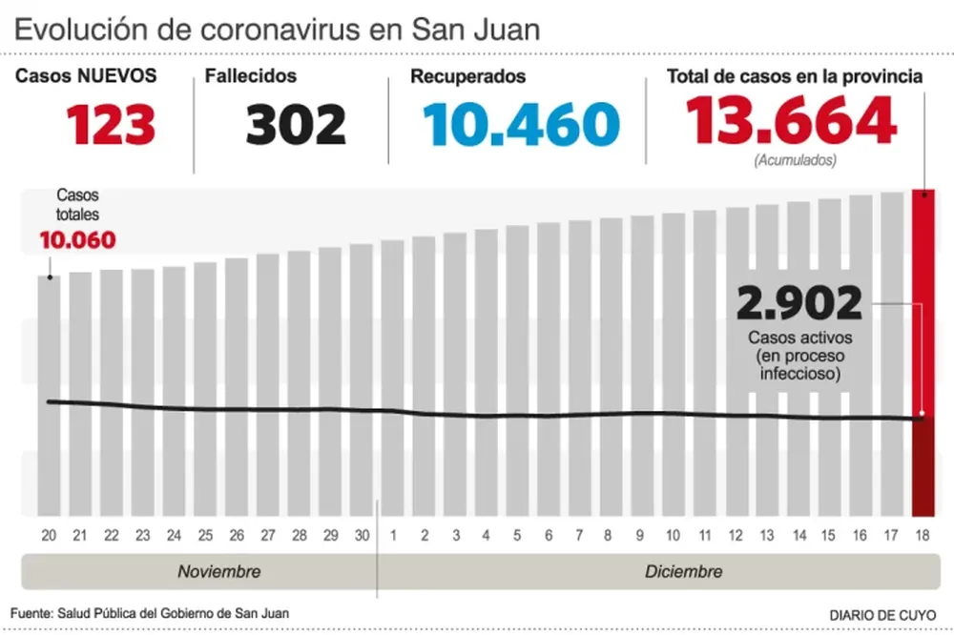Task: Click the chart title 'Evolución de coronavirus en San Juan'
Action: pyautogui.click(x=277, y=29)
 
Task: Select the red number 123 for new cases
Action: pyautogui.click(x=111, y=124)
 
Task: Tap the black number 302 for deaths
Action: pyautogui.click(x=296, y=124)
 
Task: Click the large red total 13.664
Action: pyautogui.click(x=791, y=121)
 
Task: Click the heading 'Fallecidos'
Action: pyautogui.click(x=251, y=76)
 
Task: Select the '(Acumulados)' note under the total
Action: pyautogui.click(x=795, y=161)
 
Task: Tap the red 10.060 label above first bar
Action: pyautogui.click(x=77, y=239)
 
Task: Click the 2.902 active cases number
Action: pyautogui.click(x=799, y=304)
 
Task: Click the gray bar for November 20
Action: pyautogui.click(x=49, y=396)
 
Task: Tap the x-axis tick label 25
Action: pyautogui.click(x=204, y=536)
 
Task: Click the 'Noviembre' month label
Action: pyautogui.click(x=218, y=572)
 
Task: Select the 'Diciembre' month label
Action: pyautogui.click(x=683, y=572)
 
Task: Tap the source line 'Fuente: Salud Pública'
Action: pyautogui.click(x=149, y=612)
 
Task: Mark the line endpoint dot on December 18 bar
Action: pyautogui.click(x=922, y=419)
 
